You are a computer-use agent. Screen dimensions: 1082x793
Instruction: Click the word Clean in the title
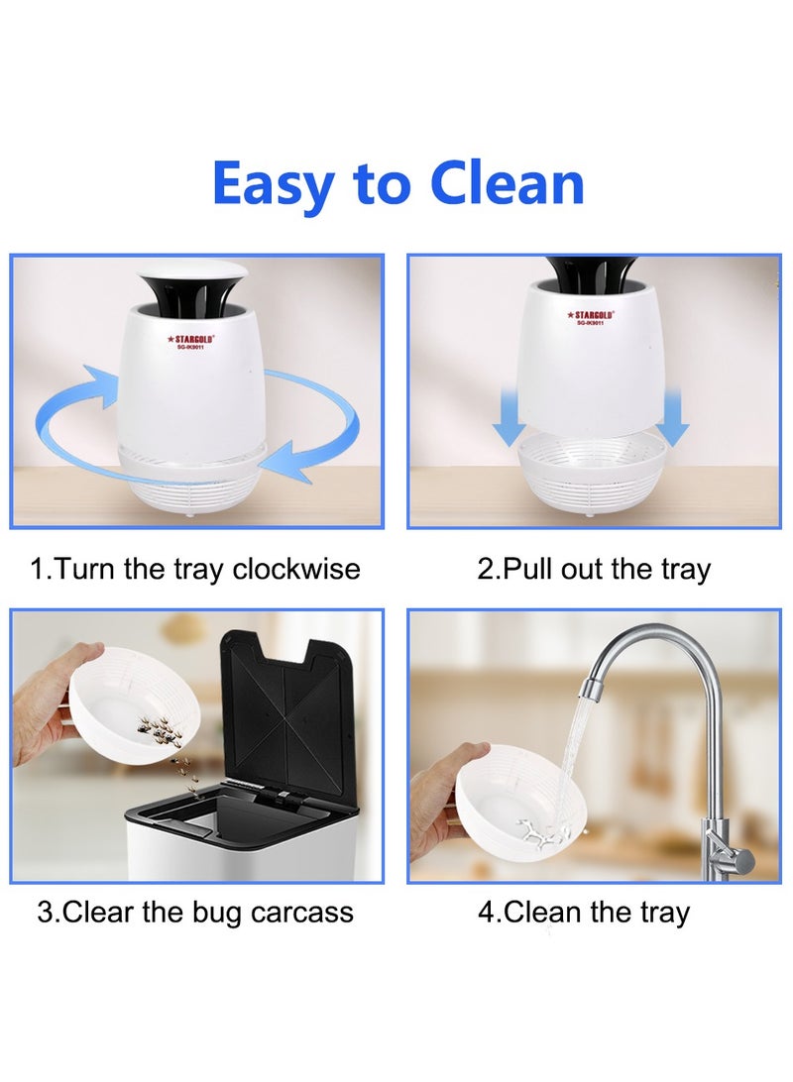point(507,183)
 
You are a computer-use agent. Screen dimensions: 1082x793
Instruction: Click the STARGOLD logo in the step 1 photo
point(191,338)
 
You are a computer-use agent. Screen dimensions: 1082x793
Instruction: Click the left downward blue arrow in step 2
point(509,417)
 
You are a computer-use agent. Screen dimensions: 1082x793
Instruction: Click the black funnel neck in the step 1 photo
point(192,297)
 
